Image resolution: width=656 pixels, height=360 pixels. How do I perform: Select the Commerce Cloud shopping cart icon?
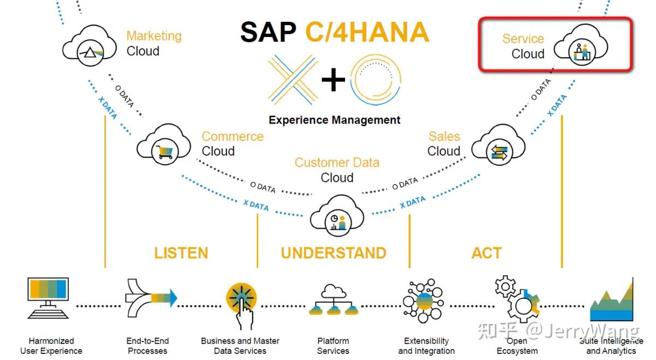(164, 145)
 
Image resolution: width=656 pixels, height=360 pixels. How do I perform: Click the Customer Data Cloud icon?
(337, 217)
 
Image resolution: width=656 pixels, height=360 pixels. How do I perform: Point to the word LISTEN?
(181, 253)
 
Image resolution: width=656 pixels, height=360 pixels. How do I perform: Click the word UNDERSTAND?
(333, 253)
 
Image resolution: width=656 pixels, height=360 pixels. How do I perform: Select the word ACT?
(486, 253)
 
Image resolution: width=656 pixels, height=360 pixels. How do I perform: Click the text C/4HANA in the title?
(367, 32)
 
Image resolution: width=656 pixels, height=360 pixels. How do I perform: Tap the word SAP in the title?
(268, 32)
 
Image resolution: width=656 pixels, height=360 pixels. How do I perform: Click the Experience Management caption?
(335, 120)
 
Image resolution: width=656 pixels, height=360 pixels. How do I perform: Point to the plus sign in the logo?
(333, 81)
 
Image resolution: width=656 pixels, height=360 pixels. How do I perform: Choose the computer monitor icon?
(48, 298)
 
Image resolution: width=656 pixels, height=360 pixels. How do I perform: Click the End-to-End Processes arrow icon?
(151, 298)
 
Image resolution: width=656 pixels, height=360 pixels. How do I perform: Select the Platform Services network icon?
(333, 300)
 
